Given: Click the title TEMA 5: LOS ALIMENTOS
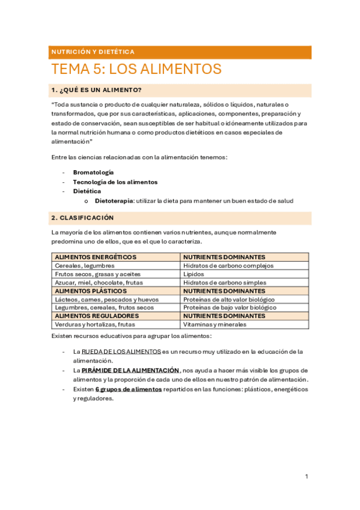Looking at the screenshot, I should click(136, 69).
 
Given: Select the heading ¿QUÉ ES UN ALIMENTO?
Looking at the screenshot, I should click(97, 90).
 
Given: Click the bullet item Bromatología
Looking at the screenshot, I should click(93, 172).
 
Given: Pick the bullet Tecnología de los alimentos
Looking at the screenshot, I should click(115, 182).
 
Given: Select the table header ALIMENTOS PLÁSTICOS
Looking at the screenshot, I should click(90, 290).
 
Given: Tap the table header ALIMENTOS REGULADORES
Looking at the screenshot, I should click(96, 316).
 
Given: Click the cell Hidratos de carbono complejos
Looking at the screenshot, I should click(228, 265).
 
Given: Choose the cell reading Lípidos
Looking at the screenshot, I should click(194, 274).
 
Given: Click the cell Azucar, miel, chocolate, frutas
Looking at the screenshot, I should click(99, 282).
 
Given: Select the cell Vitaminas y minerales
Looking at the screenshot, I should click(215, 324).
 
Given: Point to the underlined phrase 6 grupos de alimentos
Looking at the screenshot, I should click(128, 389).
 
